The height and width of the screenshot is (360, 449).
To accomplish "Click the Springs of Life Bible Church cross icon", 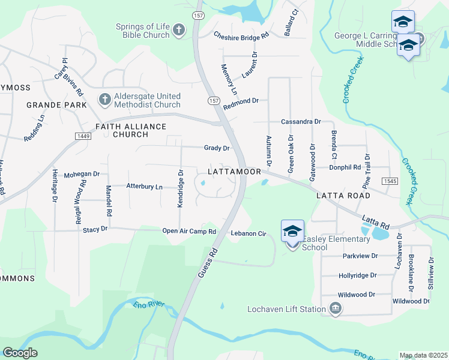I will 178,30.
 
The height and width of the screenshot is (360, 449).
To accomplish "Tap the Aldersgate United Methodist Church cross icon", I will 104,99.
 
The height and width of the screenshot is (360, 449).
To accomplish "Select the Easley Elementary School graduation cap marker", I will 292,231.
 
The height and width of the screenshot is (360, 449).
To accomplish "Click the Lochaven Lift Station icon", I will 335,310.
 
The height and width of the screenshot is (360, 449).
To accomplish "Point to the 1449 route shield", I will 83,137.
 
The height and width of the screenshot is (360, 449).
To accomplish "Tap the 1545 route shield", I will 390,181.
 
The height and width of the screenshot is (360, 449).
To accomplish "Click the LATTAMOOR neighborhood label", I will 234,172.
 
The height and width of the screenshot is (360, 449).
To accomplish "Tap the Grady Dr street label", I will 217,148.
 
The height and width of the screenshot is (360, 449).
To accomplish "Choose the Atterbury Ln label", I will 144,187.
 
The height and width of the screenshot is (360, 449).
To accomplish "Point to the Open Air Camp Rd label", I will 189,231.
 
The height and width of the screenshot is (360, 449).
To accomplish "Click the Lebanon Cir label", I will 248,233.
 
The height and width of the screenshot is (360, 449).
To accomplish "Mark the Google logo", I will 20,352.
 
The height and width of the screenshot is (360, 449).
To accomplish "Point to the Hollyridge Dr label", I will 357,275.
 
